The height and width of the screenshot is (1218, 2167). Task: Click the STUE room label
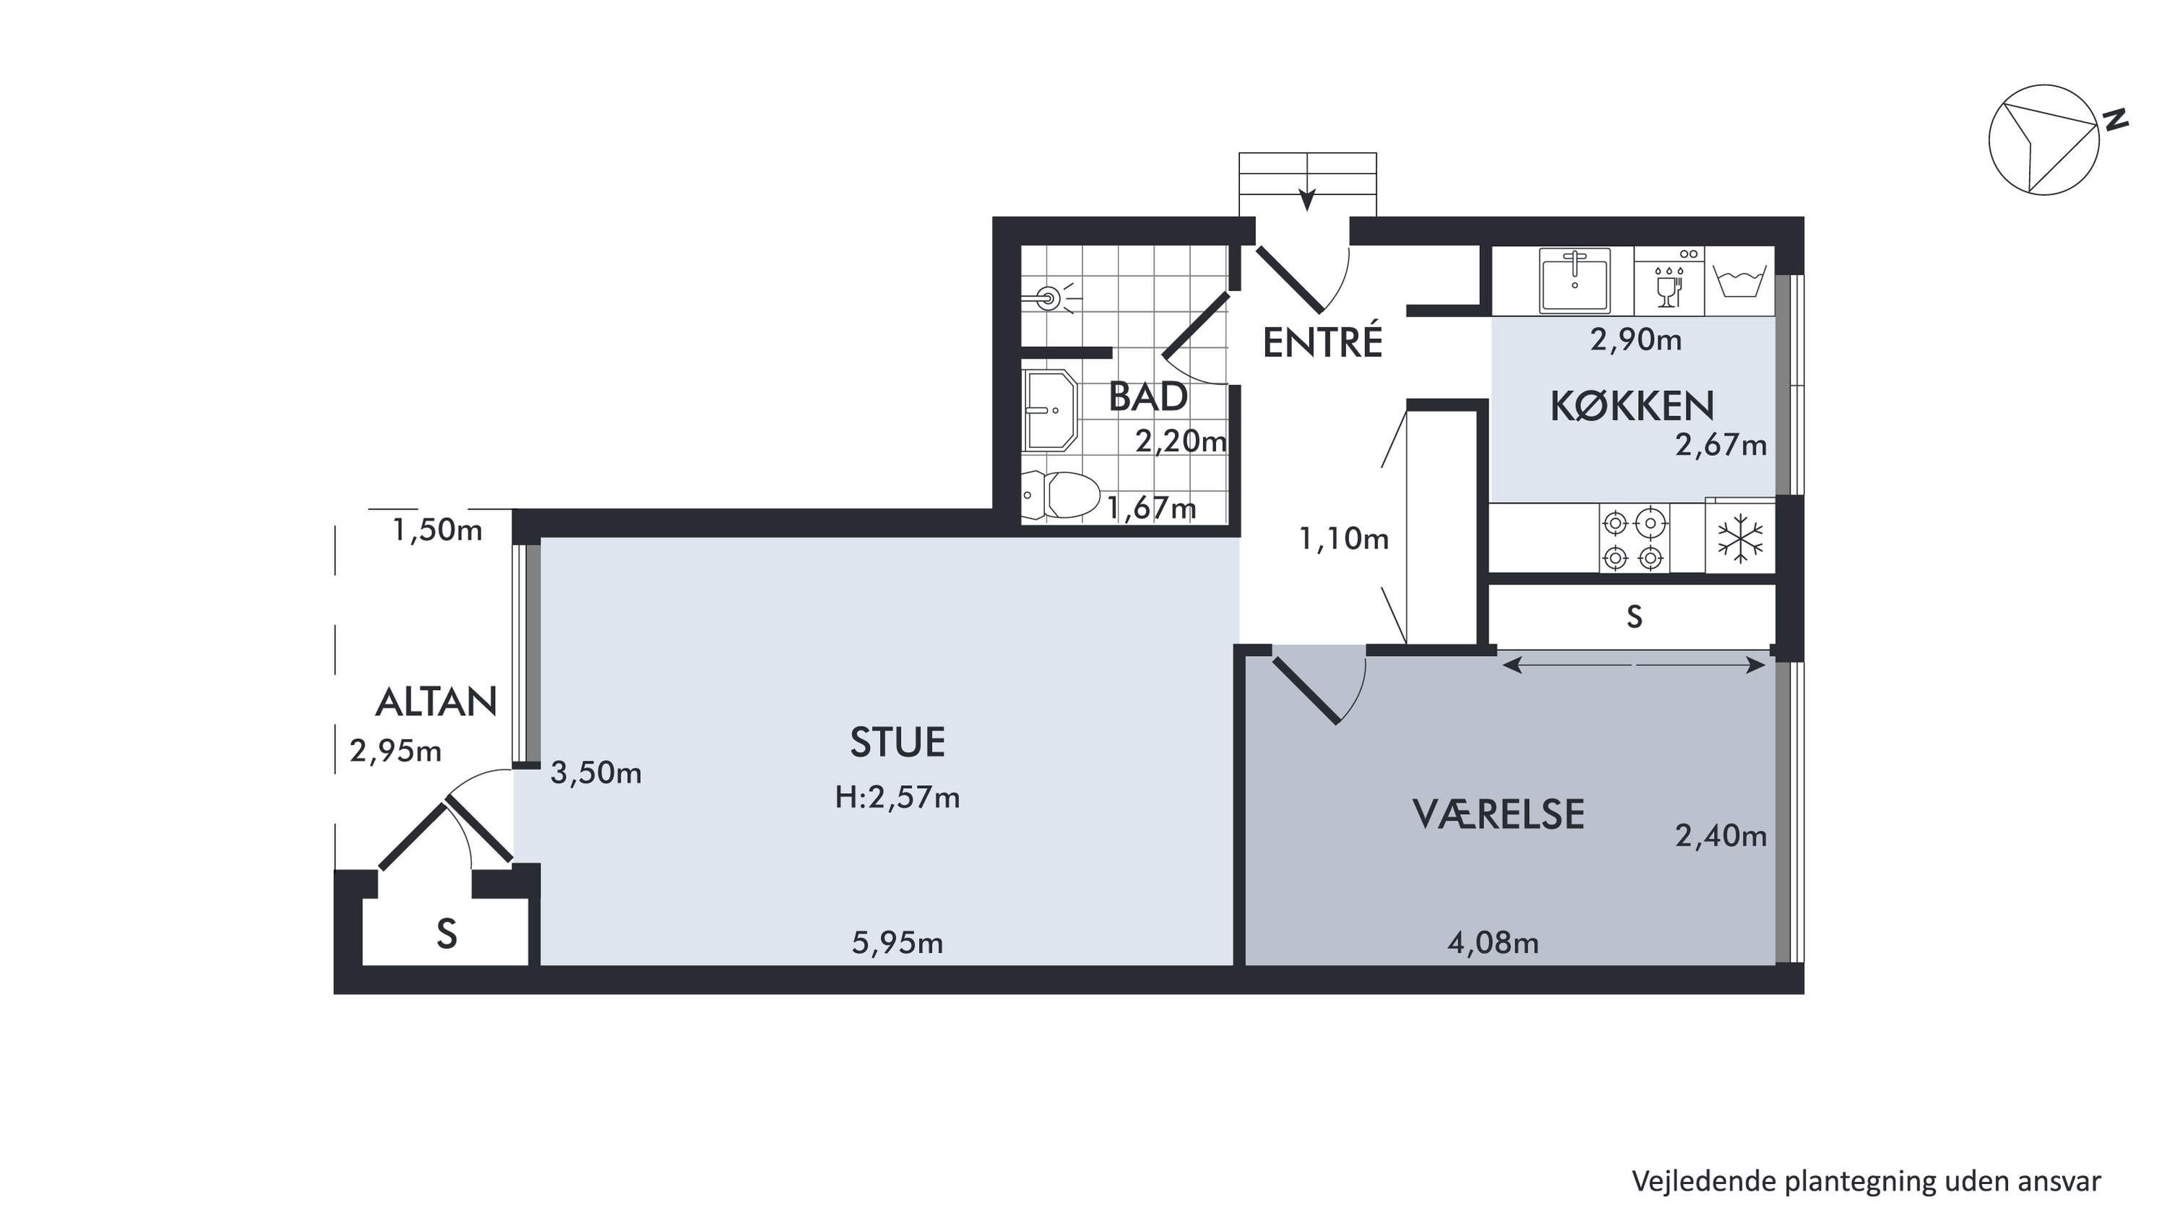pos(897,743)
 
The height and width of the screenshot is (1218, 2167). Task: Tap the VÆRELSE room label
pos(1498,814)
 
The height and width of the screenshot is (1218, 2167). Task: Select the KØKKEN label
pos(1632,406)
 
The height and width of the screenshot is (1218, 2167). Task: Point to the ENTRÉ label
pos(1323,342)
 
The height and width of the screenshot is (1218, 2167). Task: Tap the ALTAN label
pos(436,702)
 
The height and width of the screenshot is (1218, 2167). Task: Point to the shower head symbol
pos(1052,297)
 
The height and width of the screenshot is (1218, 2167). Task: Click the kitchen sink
pos(1574,280)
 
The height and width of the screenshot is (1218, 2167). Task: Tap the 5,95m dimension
pos(897,943)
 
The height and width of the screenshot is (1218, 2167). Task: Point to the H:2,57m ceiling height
pos(897,798)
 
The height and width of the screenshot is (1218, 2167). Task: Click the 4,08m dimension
pos(1493,943)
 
